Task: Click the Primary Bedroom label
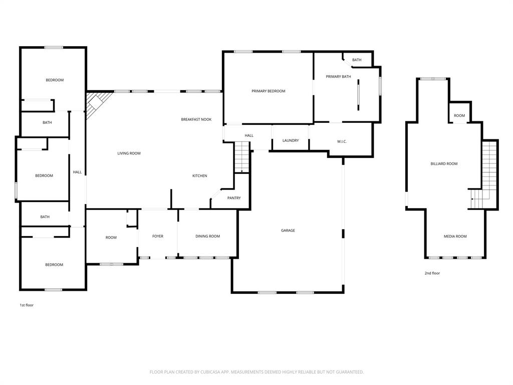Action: point(268,91)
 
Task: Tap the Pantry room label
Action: point(234,198)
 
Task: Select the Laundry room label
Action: point(291,140)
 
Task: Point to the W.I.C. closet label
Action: point(342,141)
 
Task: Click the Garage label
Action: point(288,231)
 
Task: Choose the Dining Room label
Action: point(207,236)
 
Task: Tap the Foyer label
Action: point(158,236)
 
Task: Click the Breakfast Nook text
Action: point(196,119)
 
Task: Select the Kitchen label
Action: point(200,175)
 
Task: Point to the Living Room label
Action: point(129,153)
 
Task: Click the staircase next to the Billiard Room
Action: point(488,173)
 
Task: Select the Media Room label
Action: point(455,236)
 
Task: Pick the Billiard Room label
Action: point(444,164)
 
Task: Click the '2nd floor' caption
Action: point(432,273)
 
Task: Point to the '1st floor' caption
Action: point(27,305)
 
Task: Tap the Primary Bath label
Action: point(338,77)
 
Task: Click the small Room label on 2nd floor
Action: point(459,116)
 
